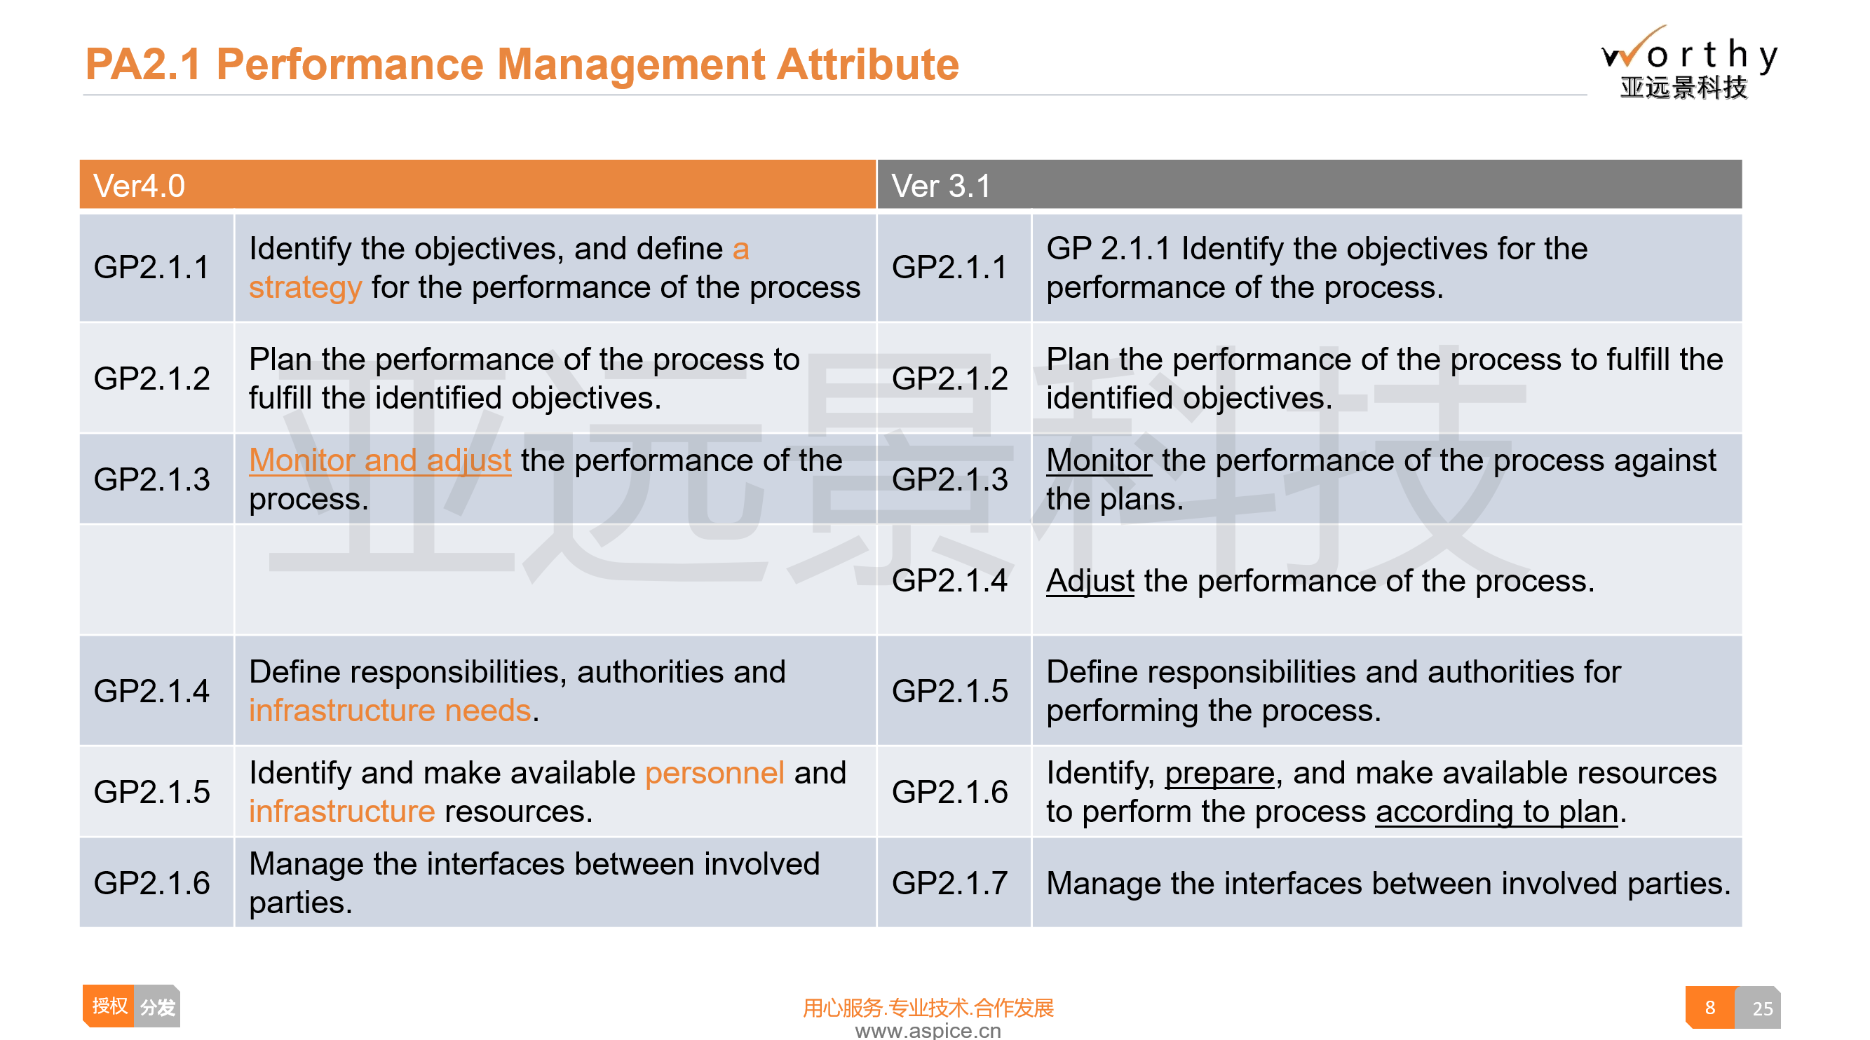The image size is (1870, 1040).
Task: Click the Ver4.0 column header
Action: [x=477, y=185]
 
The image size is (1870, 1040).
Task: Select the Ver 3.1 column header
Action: [x=1309, y=185]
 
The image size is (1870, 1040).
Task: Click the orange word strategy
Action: [x=305, y=287]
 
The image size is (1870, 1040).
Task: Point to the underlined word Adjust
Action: [x=1090, y=582]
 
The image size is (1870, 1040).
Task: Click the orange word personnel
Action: [x=714, y=773]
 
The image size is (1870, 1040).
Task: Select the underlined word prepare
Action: [x=1219, y=774]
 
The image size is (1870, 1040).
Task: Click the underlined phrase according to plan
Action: [x=1496, y=812]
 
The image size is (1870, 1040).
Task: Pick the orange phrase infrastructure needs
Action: [x=390, y=711]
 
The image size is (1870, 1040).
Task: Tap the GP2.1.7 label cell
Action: [x=949, y=883]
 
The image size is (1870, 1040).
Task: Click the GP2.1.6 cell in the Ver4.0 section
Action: [x=151, y=883]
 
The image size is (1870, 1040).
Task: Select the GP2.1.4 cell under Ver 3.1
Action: [x=949, y=580]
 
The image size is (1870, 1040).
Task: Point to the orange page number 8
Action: [x=1709, y=1007]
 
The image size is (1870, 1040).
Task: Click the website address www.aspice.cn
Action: [x=928, y=1031]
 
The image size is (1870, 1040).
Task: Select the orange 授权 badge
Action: [x=109, y=1006]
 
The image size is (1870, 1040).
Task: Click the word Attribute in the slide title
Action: [x=867, y=64]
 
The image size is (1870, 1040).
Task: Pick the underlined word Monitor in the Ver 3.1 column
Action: [x=1099, y=460]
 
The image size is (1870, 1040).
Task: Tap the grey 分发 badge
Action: [x=158, y=1006]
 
